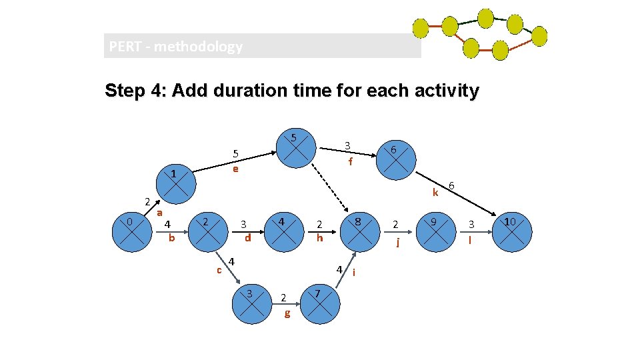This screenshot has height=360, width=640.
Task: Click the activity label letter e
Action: tap(235, 169)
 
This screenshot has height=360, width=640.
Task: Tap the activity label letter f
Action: tap(349, 161)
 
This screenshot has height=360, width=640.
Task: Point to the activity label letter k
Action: tap(435, 193)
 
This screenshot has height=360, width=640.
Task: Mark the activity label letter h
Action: tap(320, 237)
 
